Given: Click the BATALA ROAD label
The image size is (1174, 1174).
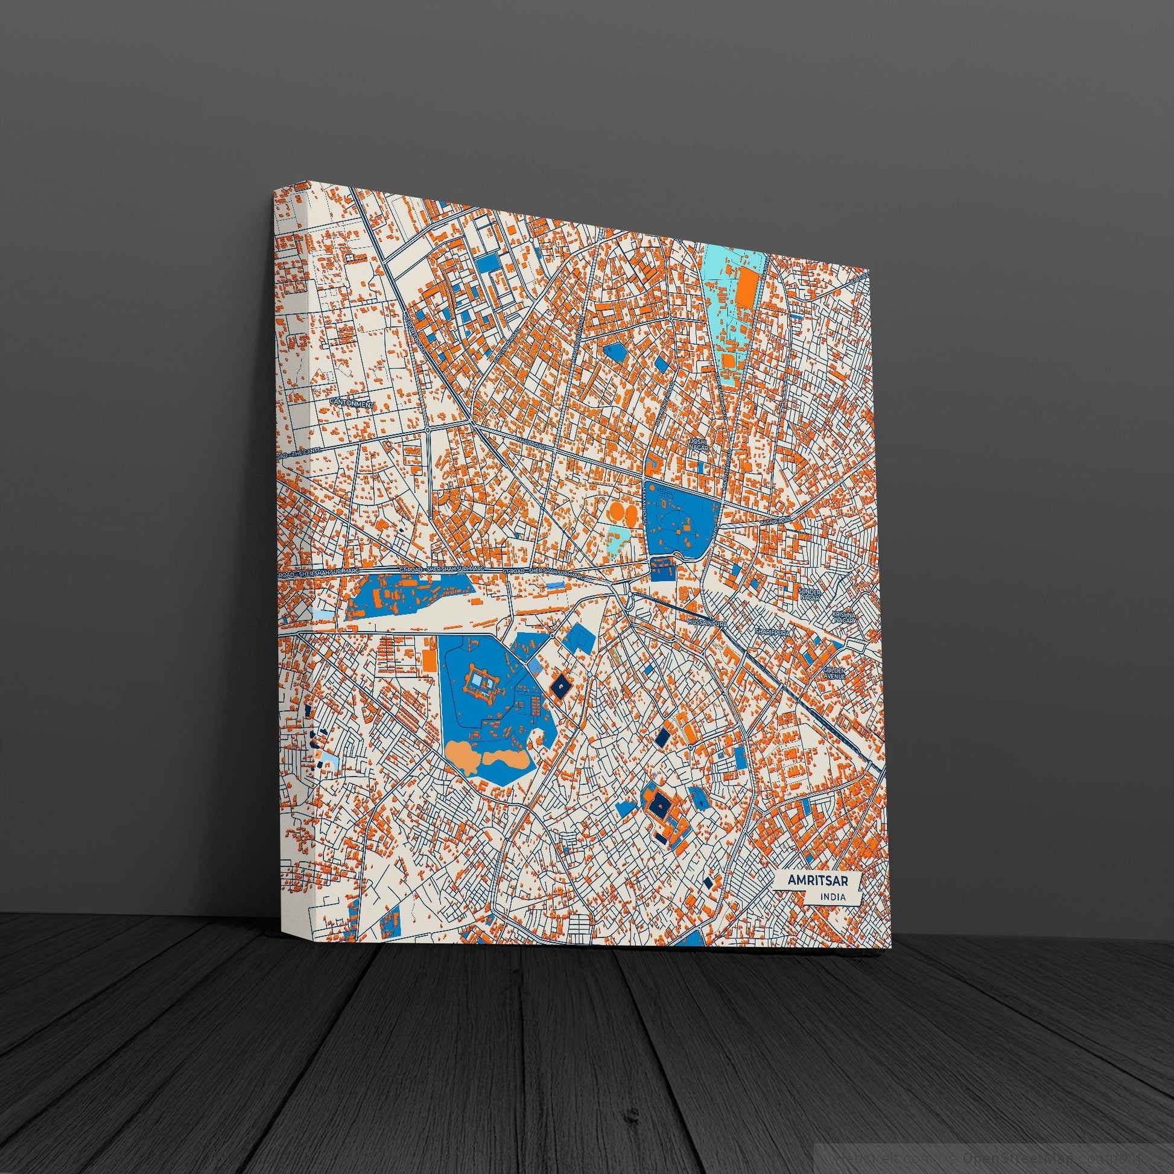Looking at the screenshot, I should [773, 521].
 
